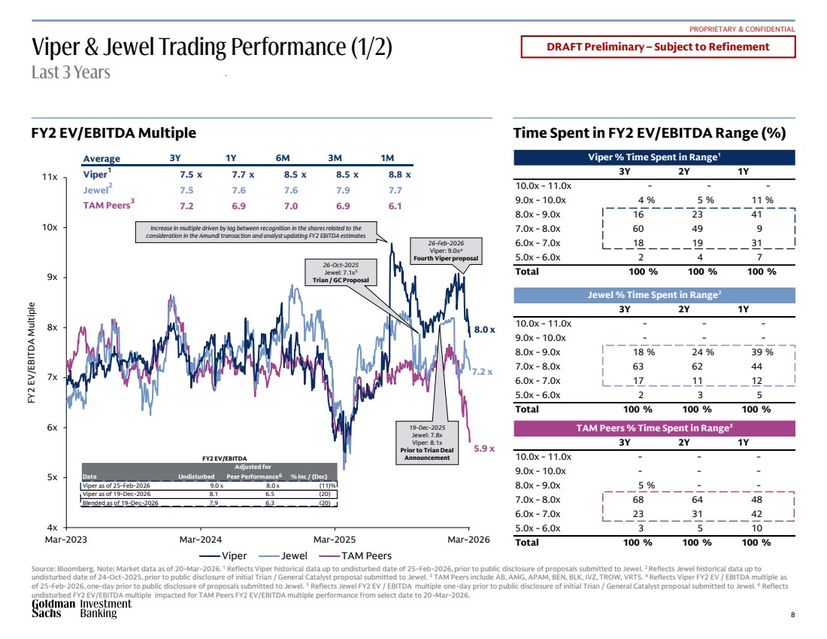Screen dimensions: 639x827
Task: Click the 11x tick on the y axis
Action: pyautogui.click(x=51, y=177)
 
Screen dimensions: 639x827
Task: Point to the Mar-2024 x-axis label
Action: pyautogui.click(x=200, y=540)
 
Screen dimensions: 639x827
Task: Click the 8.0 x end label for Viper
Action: pyautogui.click(x=484, y=329)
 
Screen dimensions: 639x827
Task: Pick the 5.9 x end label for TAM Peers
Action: pyautogui.click(x=484, y=448)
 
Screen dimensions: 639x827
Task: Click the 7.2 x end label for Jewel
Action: pyautogui.click(x=482, y=372)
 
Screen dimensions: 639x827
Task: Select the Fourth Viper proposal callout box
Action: pyautogui.click(x=446, y=251)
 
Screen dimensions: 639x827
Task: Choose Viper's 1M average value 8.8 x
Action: pyautogui.click(x=398, y=175)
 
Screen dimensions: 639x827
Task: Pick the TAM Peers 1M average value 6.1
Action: pyautogui.click(x=395, y=205)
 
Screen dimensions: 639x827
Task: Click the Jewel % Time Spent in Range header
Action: pyautogui.click(x=653, y=295)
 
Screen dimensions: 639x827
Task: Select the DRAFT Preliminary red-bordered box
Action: pyautogui.click(x=658, y=47)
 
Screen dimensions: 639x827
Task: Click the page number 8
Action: pyautogui.click(x=792, y=615)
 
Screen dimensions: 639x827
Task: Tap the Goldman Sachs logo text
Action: pyautogui.click(x=53, y=609)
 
